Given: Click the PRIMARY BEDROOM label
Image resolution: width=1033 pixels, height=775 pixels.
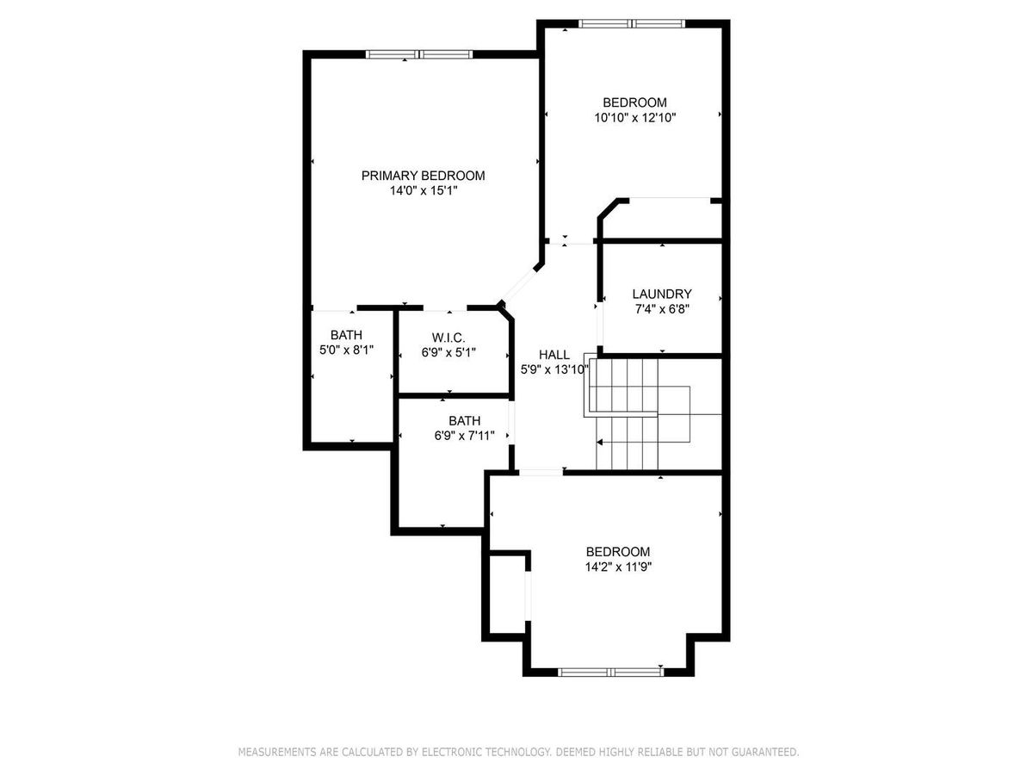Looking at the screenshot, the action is click(423, 176).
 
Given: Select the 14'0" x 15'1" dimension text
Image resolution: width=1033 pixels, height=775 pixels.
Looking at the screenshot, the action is click(423, 190).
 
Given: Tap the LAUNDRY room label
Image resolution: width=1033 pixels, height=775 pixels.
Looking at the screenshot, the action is click(662, 294).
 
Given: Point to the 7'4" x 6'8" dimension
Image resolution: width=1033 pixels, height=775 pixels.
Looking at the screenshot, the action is click(662, 309).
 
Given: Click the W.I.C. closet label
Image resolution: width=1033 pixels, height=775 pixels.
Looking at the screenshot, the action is click(448, 338).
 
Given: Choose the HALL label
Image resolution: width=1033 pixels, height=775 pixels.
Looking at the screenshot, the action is click(554, 355).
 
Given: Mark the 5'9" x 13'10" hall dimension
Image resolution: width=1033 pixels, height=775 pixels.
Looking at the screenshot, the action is click(554, 370).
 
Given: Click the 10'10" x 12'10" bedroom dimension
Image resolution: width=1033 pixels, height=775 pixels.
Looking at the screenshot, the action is click(634, 118).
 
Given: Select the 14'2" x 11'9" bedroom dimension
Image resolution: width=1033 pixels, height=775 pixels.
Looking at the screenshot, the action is click(618, 567).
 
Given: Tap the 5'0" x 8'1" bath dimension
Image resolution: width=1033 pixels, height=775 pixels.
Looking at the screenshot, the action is click(346, 350).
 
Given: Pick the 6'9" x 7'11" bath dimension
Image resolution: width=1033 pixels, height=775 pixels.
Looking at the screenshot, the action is click(464, 436).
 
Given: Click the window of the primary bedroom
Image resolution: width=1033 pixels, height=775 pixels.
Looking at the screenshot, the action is click(419, 54).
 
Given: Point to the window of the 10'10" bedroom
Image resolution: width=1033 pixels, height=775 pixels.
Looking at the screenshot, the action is click(632, 23).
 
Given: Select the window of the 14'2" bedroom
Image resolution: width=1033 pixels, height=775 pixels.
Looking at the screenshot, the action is click(611, 673).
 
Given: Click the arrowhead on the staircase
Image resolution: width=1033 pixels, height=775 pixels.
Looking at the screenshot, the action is click(599, 443).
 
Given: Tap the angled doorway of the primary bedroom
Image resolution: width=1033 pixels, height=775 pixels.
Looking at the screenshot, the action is click(520, 284).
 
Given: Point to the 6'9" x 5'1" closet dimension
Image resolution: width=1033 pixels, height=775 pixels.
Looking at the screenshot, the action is click(448, 352).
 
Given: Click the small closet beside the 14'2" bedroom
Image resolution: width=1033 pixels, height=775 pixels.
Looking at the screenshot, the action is click(507, 594).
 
